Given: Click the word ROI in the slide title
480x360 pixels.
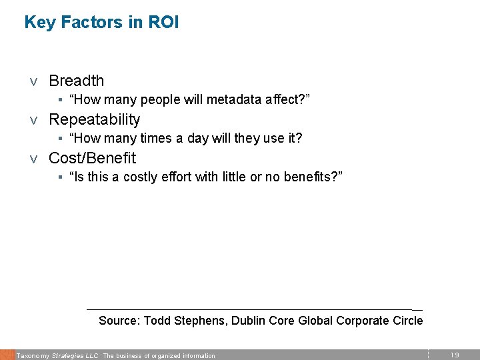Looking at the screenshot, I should coord(164,23).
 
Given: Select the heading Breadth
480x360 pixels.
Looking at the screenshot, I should coord(77,81).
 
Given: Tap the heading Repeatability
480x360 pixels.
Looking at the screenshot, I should coord(95,120).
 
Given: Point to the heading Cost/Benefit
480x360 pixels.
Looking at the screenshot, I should coord(92,159).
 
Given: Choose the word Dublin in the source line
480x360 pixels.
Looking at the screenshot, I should coord(250,321).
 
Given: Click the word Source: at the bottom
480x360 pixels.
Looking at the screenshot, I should coord(119,321).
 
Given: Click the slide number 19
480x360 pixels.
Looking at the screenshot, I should coord(455,355).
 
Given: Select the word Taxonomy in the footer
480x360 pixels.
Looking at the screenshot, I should coord(32,356).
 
